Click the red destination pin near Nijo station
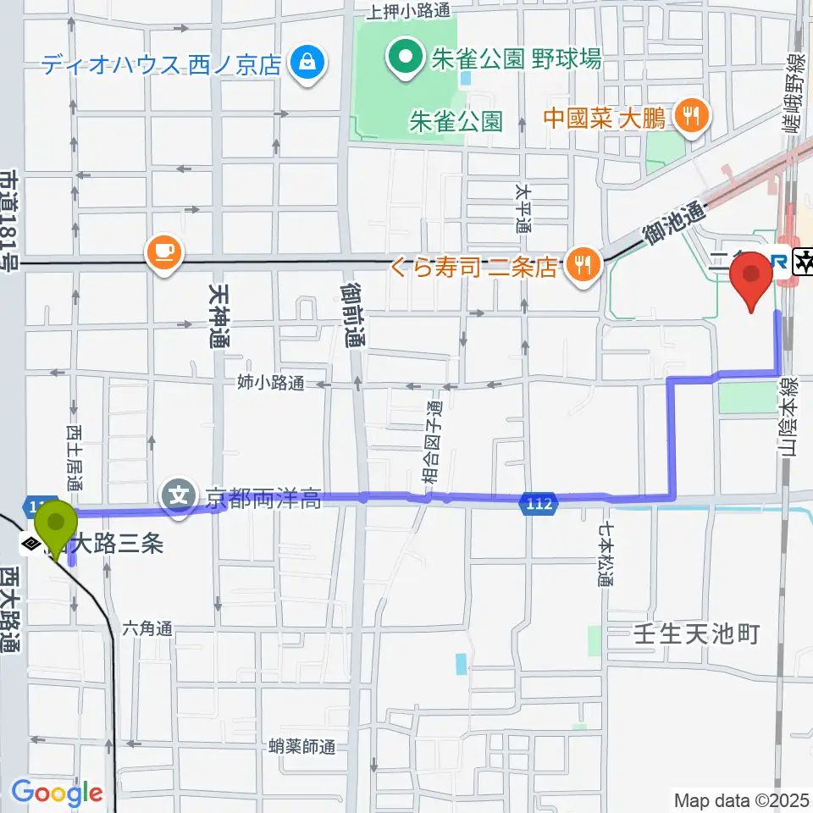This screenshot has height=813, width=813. [751, 284]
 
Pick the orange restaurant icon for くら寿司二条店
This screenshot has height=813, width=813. [582, 266]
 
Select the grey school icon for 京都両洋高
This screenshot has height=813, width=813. [180, 494]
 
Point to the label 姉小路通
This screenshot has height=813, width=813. [272, 383]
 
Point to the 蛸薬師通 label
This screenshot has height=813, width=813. [301, 746]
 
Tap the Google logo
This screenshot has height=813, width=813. [58, 794]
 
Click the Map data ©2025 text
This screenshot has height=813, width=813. [741, 799]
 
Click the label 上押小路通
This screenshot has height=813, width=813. [408, 11]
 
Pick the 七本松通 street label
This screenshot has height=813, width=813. [606, 555]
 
